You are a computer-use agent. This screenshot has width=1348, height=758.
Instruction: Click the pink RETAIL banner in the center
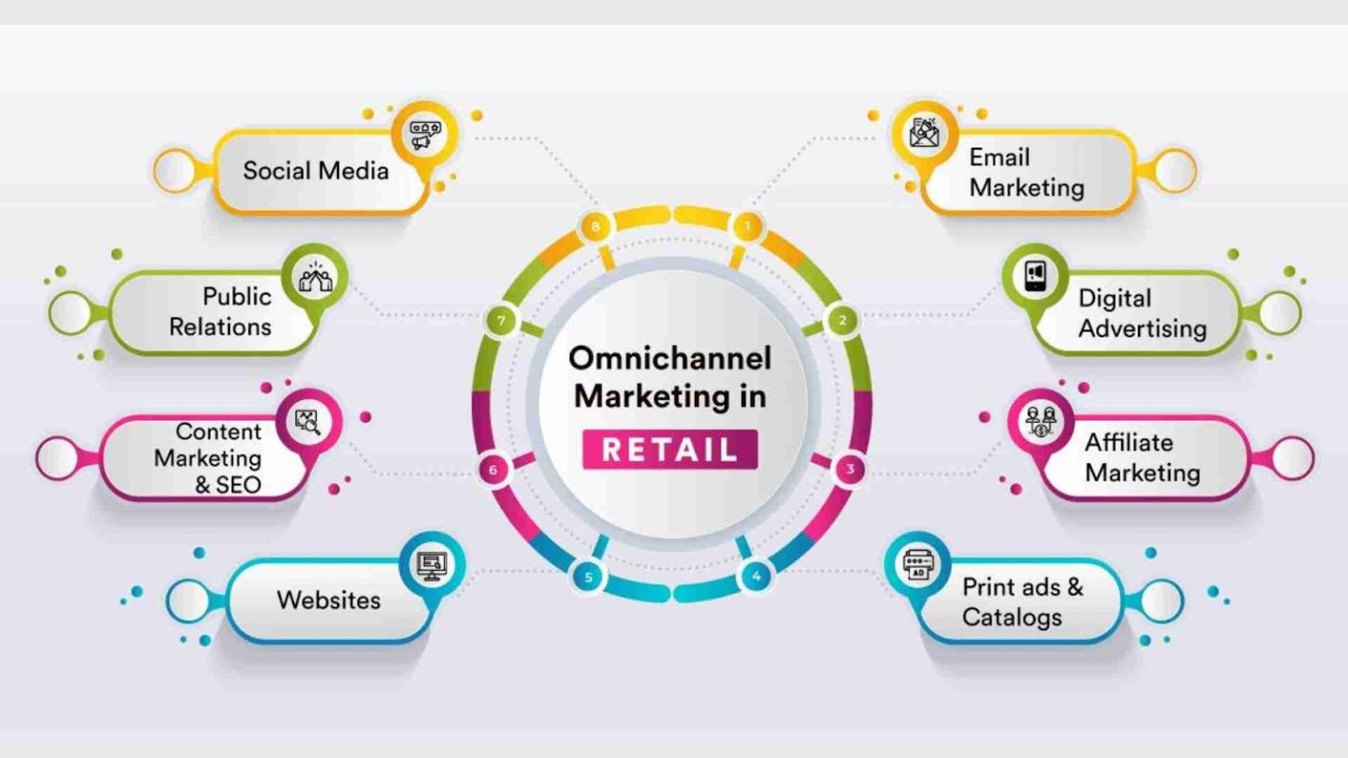point(670,449)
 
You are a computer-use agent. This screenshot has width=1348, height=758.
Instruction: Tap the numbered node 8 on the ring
point(595,227)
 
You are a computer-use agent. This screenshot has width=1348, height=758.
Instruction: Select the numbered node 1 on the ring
point(748,226)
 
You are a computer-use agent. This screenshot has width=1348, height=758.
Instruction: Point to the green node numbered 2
point(842,320)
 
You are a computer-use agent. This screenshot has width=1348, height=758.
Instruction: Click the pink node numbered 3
point(850,468)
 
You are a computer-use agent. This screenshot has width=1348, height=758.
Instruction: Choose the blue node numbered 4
point(756,576)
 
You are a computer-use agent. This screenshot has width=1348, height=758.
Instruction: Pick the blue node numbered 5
point(588,577)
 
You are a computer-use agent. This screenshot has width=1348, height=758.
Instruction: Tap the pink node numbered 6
point(493,469)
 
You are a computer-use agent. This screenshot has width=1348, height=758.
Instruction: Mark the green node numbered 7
point(501,320)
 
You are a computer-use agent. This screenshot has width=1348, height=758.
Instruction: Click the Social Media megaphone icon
point(425,135)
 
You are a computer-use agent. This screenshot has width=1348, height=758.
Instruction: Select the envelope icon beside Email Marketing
point(925,132)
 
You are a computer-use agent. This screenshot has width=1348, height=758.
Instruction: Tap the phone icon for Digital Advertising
point(1035,276)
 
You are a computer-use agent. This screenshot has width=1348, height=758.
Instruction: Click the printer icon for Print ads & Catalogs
point(918,565)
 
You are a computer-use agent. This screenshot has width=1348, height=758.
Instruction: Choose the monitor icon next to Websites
point(432,566)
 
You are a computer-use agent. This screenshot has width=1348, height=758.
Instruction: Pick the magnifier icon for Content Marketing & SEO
point(308,422)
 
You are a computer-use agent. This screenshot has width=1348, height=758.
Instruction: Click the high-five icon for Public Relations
point(315,277)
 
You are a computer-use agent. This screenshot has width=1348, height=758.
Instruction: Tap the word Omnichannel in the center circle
point(670,359)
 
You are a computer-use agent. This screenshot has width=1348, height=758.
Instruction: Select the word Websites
point(328,600)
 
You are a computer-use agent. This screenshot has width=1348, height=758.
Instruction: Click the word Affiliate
point(1129,443)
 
